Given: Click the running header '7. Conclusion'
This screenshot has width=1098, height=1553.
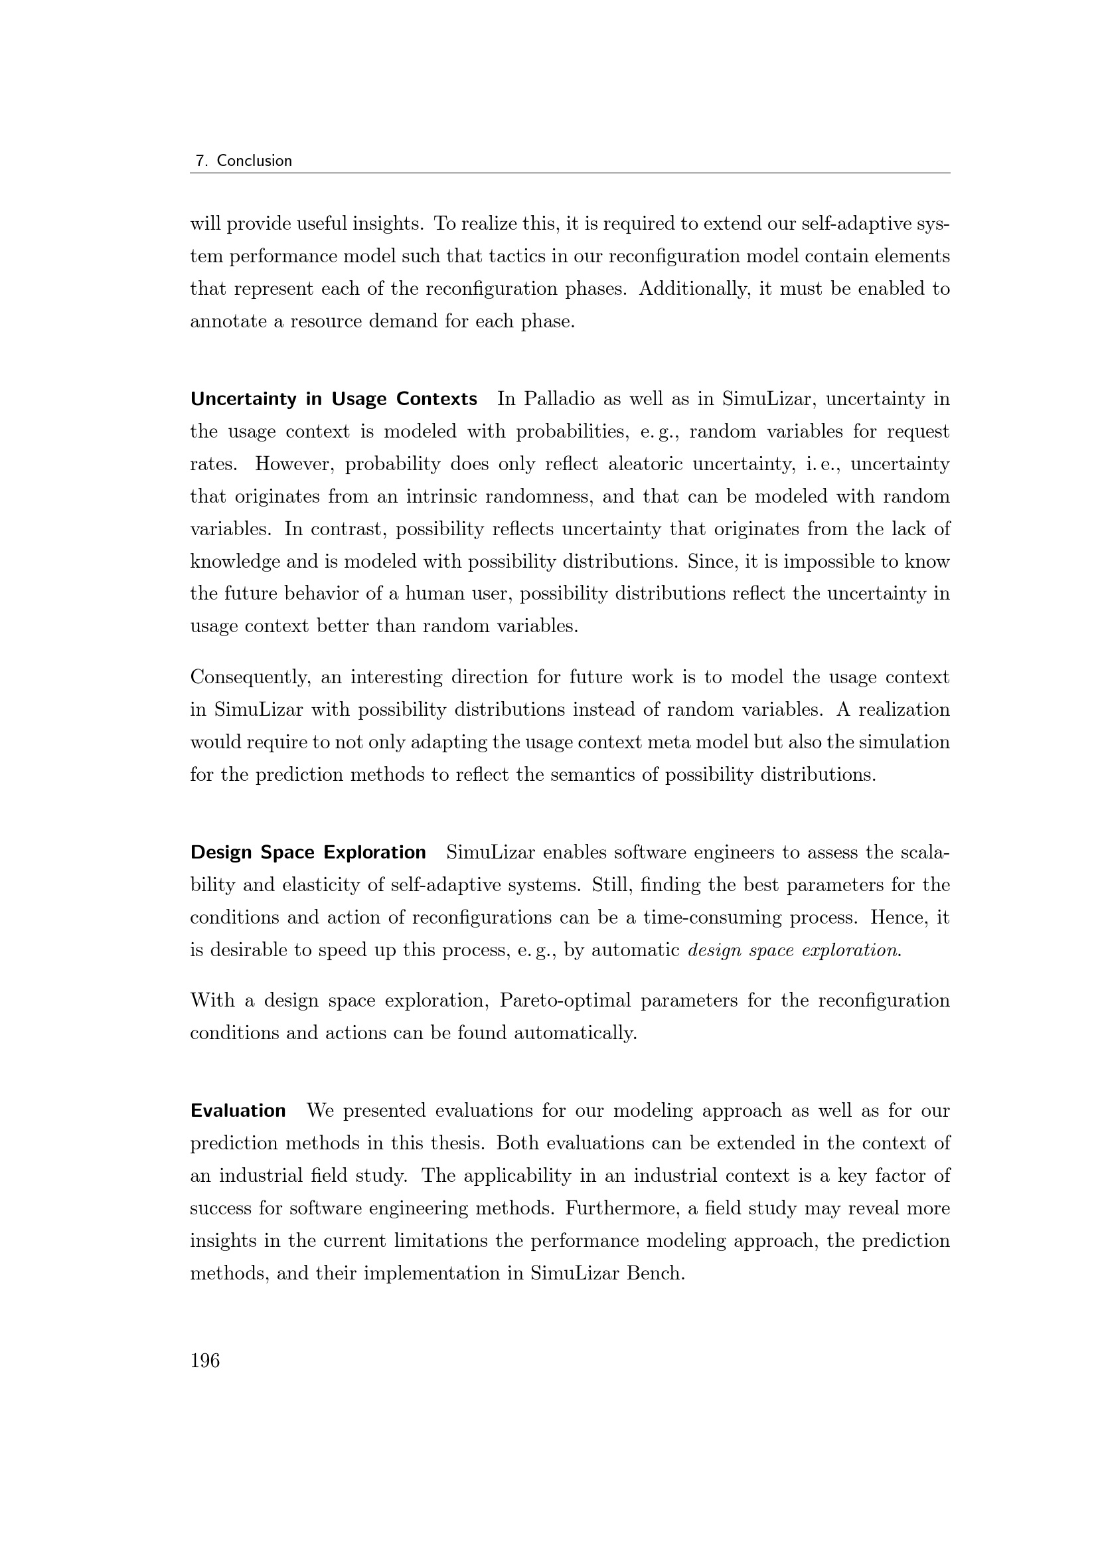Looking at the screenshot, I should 244,161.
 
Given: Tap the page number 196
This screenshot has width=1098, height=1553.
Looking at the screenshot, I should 205,1360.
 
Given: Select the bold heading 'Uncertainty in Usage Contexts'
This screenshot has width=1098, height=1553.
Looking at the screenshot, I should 334,399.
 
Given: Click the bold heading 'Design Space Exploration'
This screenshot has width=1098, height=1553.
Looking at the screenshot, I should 308,853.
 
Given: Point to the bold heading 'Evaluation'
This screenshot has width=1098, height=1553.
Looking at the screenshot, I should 238,1111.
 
